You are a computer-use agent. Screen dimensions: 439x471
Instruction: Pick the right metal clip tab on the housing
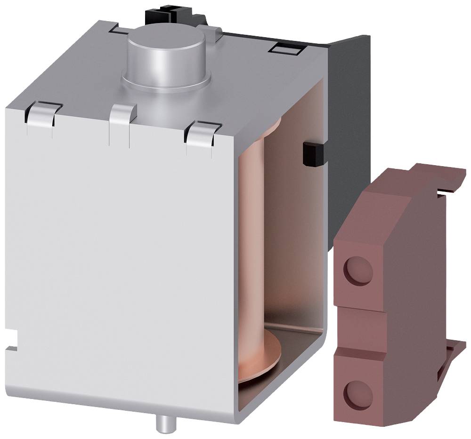pos(203,132)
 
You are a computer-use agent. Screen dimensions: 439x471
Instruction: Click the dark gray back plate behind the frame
pos(349,118)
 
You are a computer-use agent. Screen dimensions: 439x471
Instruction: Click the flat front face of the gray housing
pos(118,259)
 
